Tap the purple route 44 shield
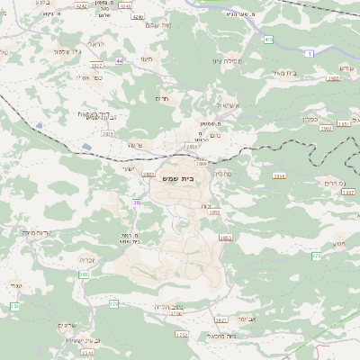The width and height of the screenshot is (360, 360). (x=120, y=60)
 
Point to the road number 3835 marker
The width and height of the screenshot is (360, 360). (x=108, y=134)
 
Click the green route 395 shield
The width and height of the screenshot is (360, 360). (x=269, y=40)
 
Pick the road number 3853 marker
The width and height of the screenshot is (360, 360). (x=225, y=238)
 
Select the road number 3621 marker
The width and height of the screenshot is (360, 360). (x=221, y=319)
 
